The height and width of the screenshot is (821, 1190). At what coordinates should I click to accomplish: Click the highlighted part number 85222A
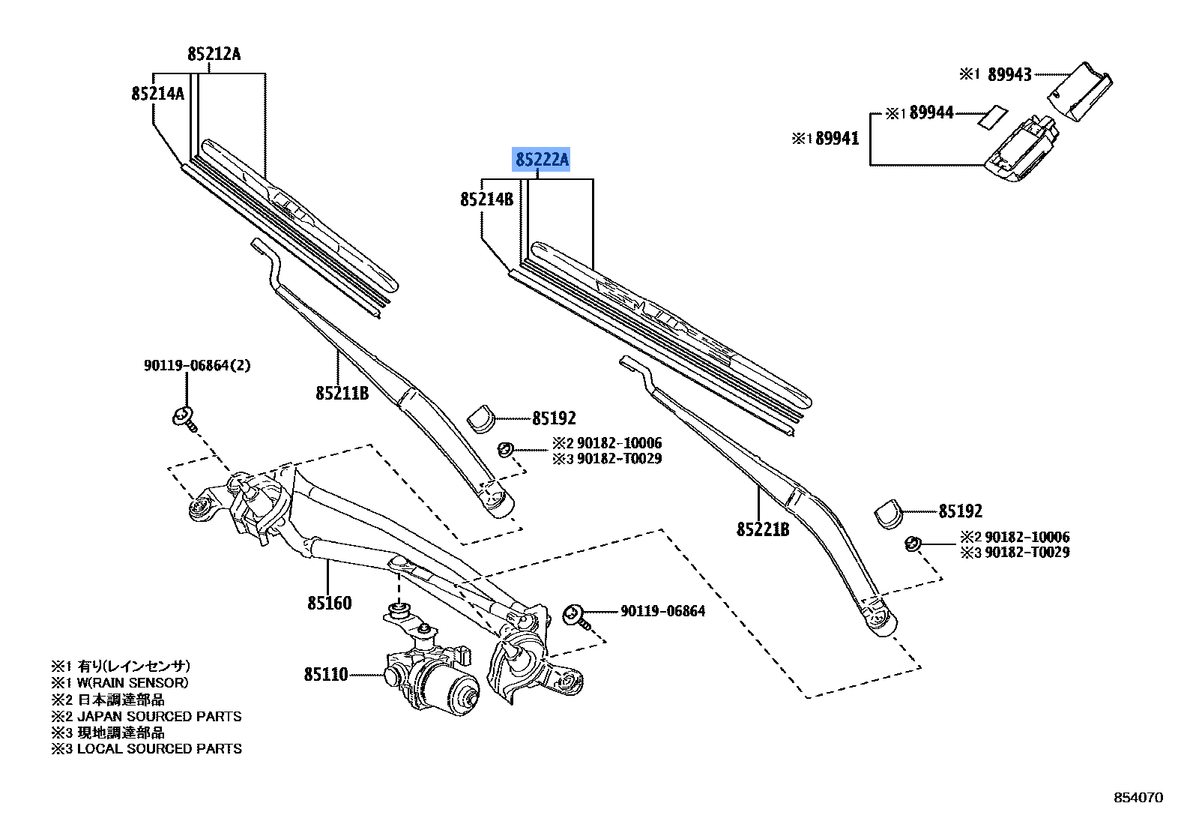(x=541, y=159)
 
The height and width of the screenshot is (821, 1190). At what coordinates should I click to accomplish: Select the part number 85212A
(x=214, y=54)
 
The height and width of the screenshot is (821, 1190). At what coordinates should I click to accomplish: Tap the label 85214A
(x=157, y=94)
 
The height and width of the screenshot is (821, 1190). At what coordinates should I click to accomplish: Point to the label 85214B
(x=486, y=199)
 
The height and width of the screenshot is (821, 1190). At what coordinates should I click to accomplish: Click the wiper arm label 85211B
(x=342, y=394)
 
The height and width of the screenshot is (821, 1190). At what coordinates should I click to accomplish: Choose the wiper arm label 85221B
(x=762, y=530)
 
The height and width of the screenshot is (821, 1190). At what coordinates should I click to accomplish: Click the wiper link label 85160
(x=329, y=603)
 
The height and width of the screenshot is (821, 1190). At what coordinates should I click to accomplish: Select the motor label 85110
(x=326, y=675)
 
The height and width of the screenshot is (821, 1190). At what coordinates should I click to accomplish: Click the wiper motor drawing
(x=435, y=679)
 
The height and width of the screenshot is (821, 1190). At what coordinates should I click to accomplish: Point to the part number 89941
(x=836, y=139)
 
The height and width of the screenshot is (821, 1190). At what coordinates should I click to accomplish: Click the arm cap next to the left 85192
(x=481, y=419)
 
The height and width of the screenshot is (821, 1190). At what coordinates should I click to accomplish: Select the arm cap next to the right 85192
(x=888, y=514)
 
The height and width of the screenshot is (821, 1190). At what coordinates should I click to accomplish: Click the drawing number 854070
(x=1138, y=798)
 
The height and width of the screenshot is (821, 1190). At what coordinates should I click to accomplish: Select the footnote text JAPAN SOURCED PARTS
(x=159, y=716)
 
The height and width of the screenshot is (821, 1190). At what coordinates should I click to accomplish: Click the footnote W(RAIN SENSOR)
(x=133, y=683)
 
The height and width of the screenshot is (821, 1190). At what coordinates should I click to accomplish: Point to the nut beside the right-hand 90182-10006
(x=912, y=542)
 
